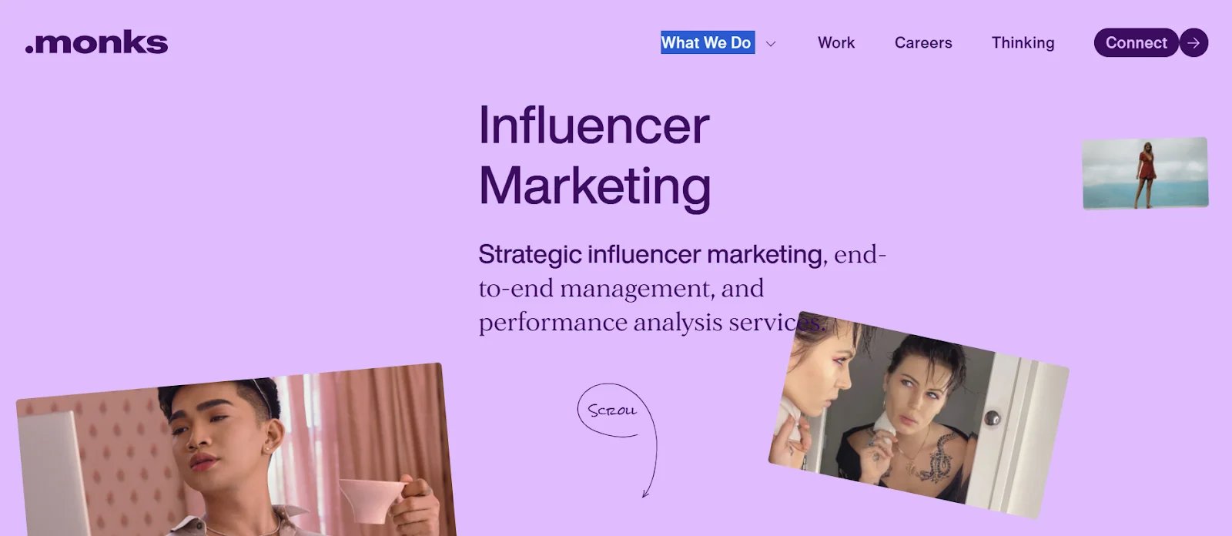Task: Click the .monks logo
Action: [x=96, y=42]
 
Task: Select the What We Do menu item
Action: [x=706, y=42]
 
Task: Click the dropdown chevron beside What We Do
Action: [x=771, y=44]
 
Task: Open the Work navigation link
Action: [x=835, y=42]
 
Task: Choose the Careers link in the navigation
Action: [x=922, y=42]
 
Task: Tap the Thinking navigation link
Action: [x=1023, y=42]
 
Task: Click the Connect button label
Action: [x=1136, y=42]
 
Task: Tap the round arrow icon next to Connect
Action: [x=1193, y=42]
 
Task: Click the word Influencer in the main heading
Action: [x=594, y=126]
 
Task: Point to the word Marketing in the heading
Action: [x=594, y=186]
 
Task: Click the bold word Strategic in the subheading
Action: [x=529, y=254]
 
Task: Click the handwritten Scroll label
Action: [x=612, y=410]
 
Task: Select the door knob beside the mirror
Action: [x=993, y=418]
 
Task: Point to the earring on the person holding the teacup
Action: [x=266, y=448]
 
